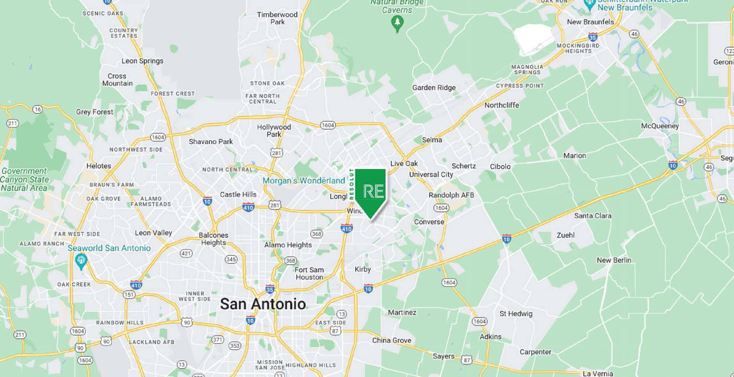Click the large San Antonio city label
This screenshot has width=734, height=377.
point(263,304)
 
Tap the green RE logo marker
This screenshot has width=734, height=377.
point(370,191)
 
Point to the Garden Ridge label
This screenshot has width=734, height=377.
point(434,88)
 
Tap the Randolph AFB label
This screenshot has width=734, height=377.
point(451,195)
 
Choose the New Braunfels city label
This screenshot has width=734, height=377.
point(590,22)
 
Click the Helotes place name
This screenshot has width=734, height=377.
point(99,166)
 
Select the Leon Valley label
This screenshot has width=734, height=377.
point(153,233)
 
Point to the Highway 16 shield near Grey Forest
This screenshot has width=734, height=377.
point(37,109)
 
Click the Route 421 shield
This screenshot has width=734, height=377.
point(186,253)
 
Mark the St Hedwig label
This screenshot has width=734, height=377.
point(516,314)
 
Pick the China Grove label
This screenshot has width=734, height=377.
point(391,340)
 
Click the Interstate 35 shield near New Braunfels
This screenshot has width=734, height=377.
point(593,37)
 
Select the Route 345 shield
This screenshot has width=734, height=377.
point(231,259)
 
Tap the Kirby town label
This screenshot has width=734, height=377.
point(363,269)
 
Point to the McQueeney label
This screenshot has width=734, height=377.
point(660,126)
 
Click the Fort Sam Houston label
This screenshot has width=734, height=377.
point(309,273)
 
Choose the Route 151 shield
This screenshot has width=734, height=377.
point(129,294)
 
